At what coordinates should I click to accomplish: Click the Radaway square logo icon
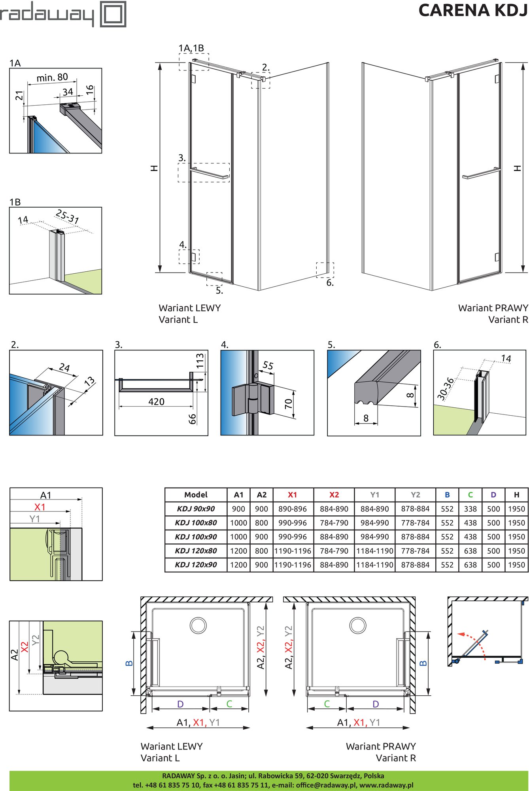coord(113,14)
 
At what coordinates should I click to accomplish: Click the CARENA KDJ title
coord(472,10)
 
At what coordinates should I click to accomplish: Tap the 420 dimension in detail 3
coord(156,402)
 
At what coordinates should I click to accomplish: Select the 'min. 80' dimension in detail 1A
coord(52,77)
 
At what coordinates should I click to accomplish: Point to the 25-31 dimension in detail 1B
coord(67,216)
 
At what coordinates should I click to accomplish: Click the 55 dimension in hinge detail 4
coord(268,365)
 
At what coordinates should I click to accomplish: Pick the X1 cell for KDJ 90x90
coord(292,509)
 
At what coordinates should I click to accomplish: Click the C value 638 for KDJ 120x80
coord(470,551)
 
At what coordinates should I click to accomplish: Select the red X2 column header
coord(334,495)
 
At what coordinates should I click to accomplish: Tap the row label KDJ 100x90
coord(196,537)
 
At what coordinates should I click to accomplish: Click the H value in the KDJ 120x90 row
coord(516,565)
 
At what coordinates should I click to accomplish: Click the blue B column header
coord(447,495)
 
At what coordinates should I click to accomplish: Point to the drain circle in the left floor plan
coord(198,625)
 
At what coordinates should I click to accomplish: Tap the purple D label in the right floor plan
coord(376,704)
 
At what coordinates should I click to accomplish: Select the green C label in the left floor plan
coord(229,704)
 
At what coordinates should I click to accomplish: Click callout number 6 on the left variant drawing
coord(330,283)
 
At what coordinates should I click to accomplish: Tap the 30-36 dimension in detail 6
coord(445,388)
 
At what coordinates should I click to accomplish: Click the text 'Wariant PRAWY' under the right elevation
coord(493,308)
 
